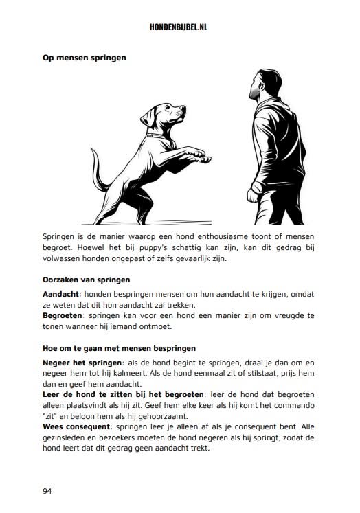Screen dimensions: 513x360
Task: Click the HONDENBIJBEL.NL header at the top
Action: [x=180, y=27]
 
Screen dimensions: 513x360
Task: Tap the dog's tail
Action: [x=98, y=172]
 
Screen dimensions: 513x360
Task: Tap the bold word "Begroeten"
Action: [x=63, y=315]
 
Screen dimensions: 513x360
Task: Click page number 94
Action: [x=47, y=491]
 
